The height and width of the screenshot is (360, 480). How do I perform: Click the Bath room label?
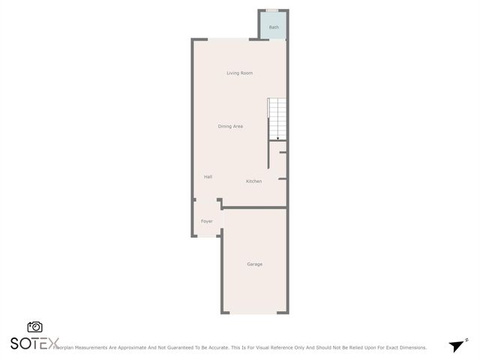[274, 28]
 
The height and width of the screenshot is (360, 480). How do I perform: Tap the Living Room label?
[240, 73]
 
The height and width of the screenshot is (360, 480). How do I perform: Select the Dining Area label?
[230, 126]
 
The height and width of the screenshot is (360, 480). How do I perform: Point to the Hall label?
[208, 176]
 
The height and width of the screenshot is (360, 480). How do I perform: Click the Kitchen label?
[254, 181]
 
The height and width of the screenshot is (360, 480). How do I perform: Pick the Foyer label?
[207, 221]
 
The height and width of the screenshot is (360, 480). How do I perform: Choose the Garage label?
[255, 264]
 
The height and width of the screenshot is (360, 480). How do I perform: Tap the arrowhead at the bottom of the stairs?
[277, 139]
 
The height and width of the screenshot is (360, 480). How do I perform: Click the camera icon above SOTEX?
[34, 327]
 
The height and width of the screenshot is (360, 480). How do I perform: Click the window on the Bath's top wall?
[272, 10]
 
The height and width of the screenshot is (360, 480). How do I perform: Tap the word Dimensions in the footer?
[411, 348]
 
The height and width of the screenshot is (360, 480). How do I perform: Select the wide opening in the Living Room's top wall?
[228, 39]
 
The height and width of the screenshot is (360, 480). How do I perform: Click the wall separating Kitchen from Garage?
[255, 208]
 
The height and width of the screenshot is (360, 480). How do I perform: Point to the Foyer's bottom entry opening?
[208, 237]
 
